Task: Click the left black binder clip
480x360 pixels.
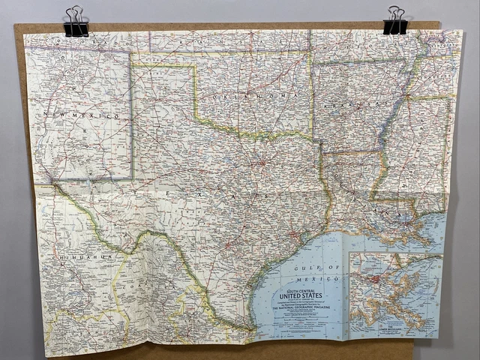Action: [75, 22]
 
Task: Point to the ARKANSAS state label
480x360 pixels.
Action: [343, 110]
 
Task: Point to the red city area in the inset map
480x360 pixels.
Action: [373, 280]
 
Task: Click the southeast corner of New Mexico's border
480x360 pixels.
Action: [133, 178]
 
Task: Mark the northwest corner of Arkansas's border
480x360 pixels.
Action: [312, 61]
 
